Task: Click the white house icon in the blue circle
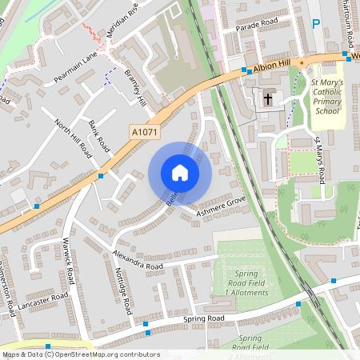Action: point(180,173)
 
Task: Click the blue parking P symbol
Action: point(316,25)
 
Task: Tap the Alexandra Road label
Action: point(138,260)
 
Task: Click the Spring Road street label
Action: point(205,318)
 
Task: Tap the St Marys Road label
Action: point(320,160)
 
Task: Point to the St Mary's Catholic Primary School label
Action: point(326,96)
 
